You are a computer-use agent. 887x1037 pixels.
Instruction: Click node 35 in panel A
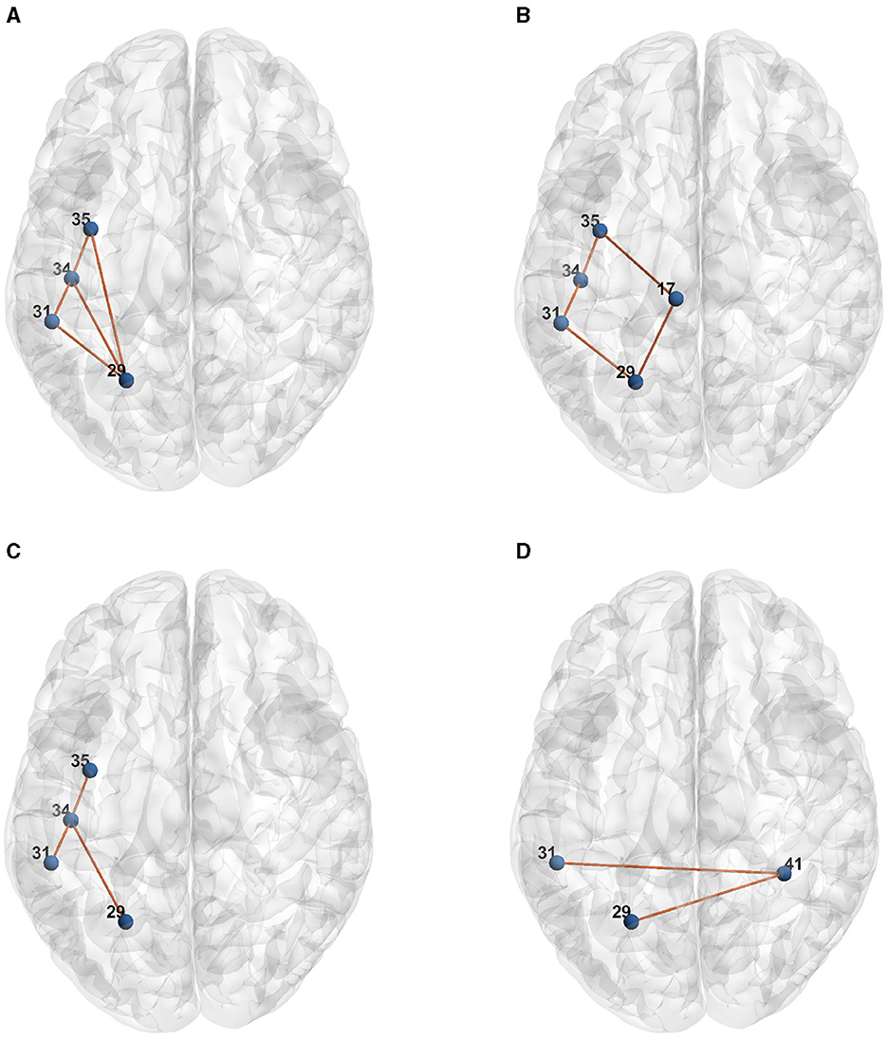(90, 229)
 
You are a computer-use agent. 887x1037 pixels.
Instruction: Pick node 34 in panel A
(71, 278)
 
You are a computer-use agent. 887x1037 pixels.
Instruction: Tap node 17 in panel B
(675, 299)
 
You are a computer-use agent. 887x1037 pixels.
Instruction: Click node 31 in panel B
(561, 323)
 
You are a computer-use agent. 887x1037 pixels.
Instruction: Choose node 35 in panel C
(90, 771)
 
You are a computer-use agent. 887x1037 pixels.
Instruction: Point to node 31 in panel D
(558, 863)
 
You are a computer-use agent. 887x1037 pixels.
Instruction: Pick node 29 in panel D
(632, 920)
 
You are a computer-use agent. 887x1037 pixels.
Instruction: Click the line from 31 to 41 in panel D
(671, 868)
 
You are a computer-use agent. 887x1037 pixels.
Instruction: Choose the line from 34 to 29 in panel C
(99, 870)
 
